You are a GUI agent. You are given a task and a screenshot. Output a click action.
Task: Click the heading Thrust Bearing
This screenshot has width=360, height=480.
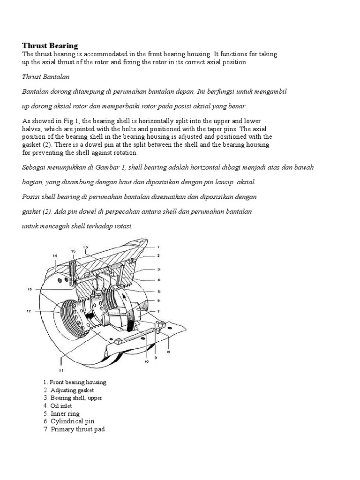[x=50, y=45]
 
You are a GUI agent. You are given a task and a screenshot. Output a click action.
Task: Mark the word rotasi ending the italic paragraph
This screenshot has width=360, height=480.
[x=122, y=226]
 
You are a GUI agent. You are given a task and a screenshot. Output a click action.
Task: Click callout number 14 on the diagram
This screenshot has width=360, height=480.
[x=55, y=255]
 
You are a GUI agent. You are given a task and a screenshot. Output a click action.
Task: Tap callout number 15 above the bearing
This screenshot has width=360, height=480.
[x=74, y=252]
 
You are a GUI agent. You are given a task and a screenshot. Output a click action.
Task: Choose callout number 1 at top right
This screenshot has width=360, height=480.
[x=159, y=247]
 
